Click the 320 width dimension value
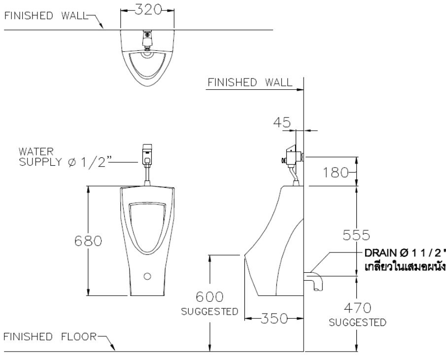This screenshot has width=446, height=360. point(148,10)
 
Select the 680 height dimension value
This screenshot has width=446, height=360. point(88,241)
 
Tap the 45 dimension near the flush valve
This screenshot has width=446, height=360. point(283,122)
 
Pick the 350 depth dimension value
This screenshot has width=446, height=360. point(274,319)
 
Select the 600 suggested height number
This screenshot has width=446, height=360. point(209,297)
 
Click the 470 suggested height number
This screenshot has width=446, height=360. point(357,309)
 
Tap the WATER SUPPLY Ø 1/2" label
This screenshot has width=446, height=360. point(62,157)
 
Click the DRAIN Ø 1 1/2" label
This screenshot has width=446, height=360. point(404,253)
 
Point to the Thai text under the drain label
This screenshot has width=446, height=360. point(404,267)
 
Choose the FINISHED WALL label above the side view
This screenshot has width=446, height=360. point(249,82)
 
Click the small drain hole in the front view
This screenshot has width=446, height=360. point(146,276)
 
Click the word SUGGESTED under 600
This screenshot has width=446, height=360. point(209,312)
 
